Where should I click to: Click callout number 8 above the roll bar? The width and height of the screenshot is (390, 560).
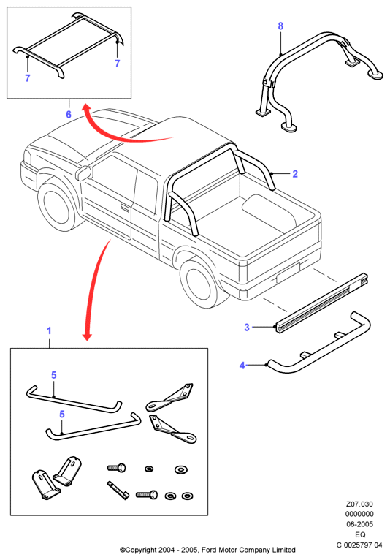280,26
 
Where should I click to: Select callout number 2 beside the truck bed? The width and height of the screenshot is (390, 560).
295,174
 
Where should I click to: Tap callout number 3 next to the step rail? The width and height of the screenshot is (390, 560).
247,327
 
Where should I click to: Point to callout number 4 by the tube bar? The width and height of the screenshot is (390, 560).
242,366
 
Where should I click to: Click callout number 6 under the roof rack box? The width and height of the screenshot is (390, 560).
69,114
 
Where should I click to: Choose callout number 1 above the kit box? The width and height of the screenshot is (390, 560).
49,330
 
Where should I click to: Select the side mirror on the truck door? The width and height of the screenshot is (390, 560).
84,173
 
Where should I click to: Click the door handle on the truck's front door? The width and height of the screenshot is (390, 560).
125,208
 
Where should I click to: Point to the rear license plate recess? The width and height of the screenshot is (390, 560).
288,273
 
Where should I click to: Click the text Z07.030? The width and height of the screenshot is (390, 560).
359,504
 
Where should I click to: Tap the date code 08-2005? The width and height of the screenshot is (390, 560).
359,524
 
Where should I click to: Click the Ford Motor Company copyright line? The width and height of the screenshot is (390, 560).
207,550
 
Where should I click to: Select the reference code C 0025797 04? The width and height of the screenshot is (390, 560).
359,545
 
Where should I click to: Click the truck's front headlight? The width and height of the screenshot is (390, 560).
27,158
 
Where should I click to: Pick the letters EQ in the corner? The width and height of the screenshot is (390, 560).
360,534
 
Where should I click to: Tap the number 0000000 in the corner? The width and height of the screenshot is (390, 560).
359,514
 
